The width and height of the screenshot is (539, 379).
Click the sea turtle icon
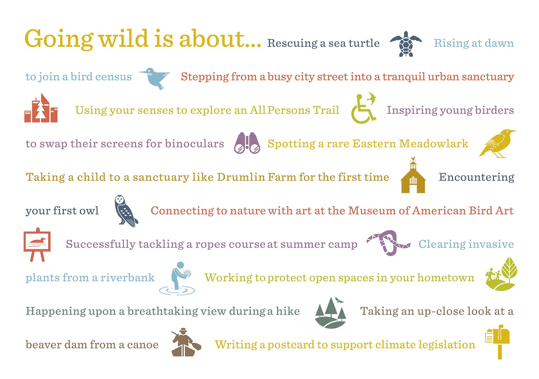pyautogui.click(x=406, y=44)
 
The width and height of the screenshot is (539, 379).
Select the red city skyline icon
pyautogui.click(x=41, y=108)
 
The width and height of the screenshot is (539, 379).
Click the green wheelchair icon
pyautogui.click(x=364, y=108)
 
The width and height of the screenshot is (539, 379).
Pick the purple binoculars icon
pyautogui.click(x=247, y=143)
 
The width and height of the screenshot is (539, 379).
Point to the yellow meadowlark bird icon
pyautogui.click(x=497, y=143)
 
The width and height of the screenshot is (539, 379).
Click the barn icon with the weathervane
pyautogui.click(x=413, y=175)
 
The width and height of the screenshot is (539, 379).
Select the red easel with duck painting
pyautogui.click(x=37, y=244)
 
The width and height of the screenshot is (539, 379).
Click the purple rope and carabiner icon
pyautogui.click(x=388, y=243)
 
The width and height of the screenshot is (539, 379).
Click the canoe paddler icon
pyautogui.click(x=186, y=342)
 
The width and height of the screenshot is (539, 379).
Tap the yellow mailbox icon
pyautogui.click(x=497, y=342)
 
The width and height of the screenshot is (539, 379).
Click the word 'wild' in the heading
pyautogui.click(x=124, y=39)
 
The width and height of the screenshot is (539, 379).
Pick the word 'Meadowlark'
pyautogui.click(x=434, y=143)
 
